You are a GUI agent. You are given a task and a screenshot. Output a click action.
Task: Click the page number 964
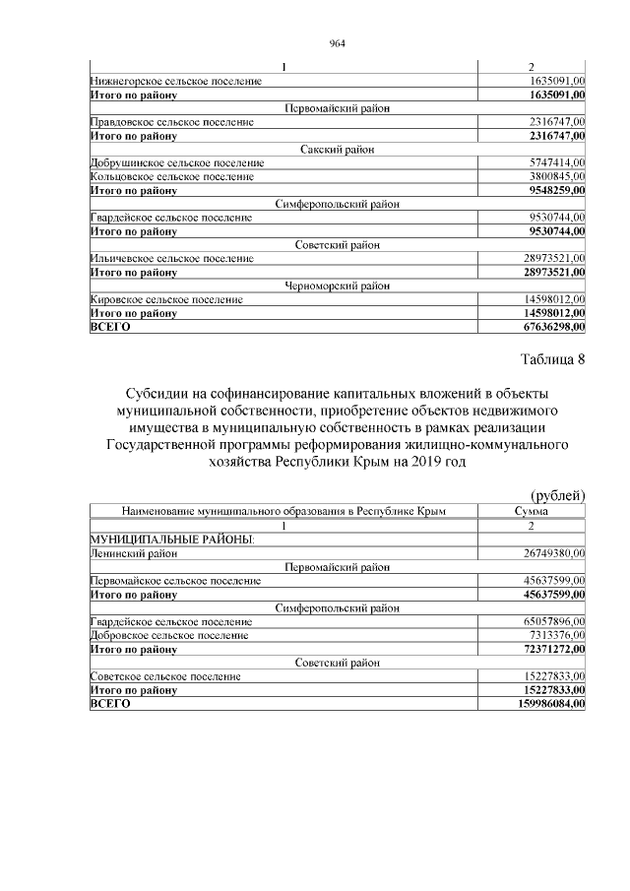tap(338, 43)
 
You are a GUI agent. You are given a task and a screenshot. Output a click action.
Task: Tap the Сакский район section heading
tap(339, 149)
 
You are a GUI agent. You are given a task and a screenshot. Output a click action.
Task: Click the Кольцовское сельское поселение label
tap(171, 176)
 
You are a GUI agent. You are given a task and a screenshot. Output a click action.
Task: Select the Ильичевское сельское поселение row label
tap(171, 259)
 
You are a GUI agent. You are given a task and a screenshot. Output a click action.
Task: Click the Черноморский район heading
tap(339, 286)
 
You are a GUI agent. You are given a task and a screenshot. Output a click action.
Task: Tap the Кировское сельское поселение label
tap(166, 300)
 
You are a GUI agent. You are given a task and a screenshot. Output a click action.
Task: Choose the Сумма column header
tap(532, 512)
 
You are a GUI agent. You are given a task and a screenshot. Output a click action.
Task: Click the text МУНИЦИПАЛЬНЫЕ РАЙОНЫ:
tap(172, 540)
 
